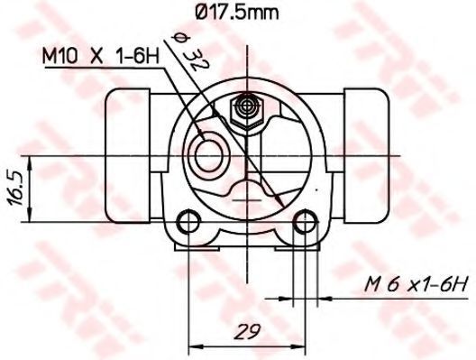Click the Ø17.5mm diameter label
237,13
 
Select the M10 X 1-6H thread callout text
101,56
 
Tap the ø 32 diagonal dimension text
190,52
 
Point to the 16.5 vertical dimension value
14,189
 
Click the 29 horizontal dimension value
248,330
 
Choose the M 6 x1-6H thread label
416,286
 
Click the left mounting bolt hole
188,221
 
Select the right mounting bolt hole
305,221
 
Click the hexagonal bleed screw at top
247,111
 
